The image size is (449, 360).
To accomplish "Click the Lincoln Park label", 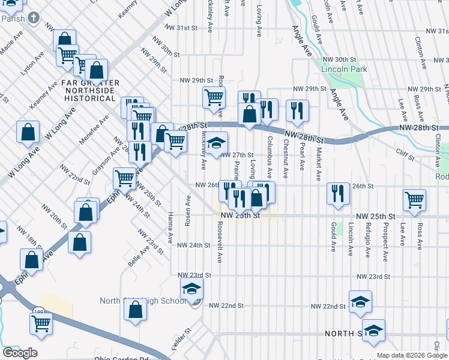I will pos(344,70).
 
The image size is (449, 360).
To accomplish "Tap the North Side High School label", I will pos(143,301).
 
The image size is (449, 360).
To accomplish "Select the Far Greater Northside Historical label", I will pos(89,90).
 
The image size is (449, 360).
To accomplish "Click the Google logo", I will pos(20,353).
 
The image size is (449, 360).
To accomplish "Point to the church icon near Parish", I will pos(34,17).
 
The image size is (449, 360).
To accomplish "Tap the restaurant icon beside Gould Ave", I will pos(338,193).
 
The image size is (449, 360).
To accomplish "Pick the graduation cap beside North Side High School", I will pos(192,288).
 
